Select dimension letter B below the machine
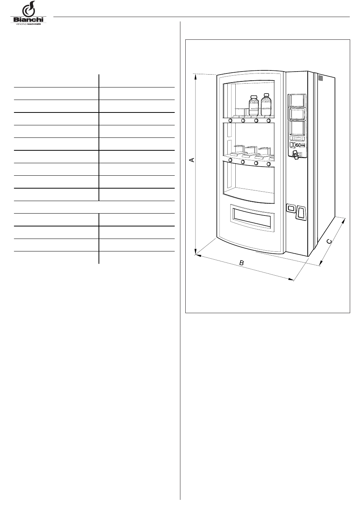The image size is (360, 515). [241, 262]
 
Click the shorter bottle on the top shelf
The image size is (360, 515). [254, 106]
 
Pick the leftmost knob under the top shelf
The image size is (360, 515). [230, 121]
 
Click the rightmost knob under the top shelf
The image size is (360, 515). [269, 121]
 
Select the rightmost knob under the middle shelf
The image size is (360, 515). [269, 164]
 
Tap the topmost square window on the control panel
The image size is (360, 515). [297, 100]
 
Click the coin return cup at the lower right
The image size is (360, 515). [301, 213]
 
